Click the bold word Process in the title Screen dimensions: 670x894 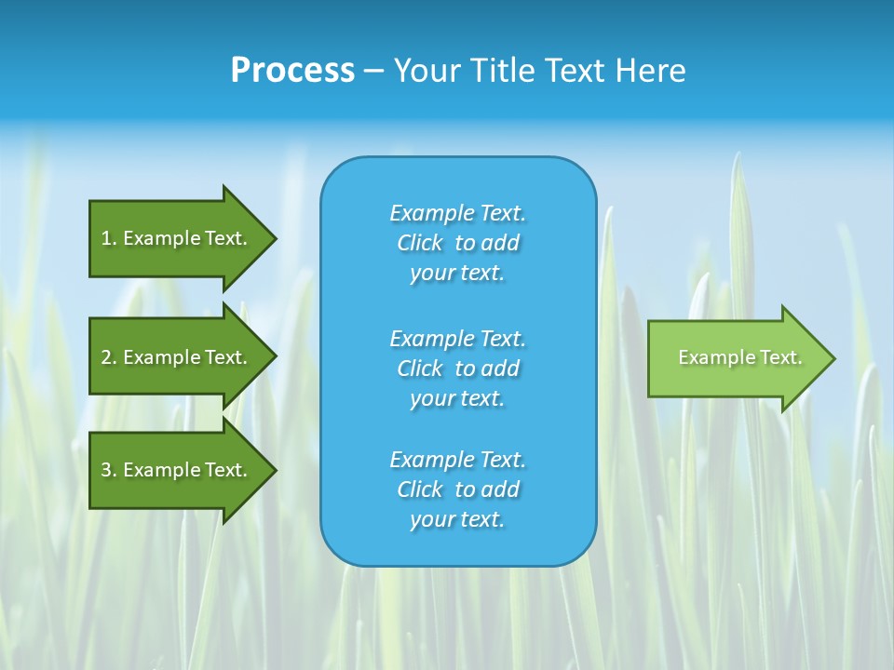(292, 71)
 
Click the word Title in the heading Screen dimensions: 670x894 (500, 71)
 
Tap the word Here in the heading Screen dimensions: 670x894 (651, 71)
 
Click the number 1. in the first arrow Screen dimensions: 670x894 (109, 238)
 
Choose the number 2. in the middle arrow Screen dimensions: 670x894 (109, 357)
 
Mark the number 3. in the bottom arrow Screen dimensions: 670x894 (109, 470)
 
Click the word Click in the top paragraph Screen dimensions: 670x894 (420, 243)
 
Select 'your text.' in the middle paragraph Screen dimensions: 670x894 (457, 398)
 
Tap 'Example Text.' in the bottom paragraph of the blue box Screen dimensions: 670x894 (457, 460)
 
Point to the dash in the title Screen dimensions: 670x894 (373, 72)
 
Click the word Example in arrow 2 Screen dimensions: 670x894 (162, 357)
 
